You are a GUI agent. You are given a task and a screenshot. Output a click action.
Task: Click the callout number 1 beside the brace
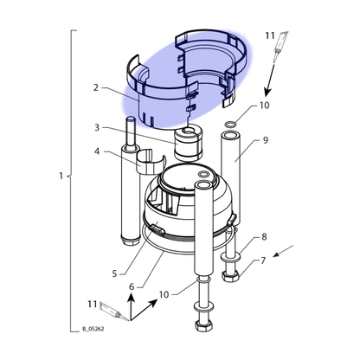pyautogui.click(x=61, y=176)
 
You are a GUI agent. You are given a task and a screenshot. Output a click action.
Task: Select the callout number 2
pyautogui.click(x=96, y=87)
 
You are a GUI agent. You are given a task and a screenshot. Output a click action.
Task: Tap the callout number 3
pyautogui.click(x=97, y=127)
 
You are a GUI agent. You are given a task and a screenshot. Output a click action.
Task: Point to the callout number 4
pyautogui.click(x=97, y=151)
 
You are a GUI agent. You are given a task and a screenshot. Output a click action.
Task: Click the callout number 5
pyautogui.click(x=114, y=273)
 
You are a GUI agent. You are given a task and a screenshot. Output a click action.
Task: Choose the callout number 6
pyautogui.click(x=132, y=286)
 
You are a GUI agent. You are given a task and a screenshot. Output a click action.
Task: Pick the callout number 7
pyautogui.click(x=263, y=260)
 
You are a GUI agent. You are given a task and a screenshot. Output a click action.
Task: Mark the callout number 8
pyautogui.click(x=264, y=237)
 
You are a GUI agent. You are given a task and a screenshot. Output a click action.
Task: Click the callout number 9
pyautogui.click(x=266, y=140)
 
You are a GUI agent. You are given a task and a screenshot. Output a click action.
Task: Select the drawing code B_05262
pyautogui.click(x=93, y=329)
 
